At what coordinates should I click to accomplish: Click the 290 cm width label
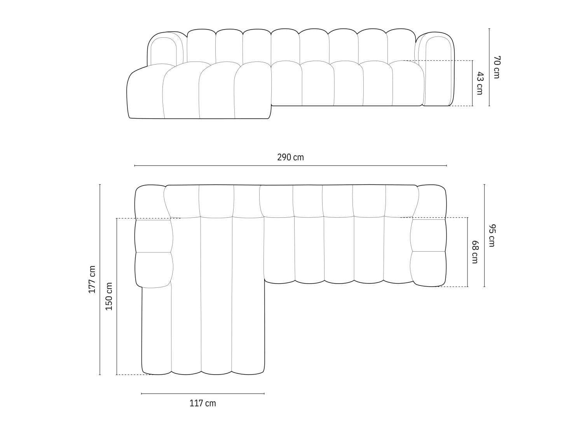point(290,158)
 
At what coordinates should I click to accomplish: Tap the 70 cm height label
point(497,67)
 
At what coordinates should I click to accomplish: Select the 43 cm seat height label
point(479,83)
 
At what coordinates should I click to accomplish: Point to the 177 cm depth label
point(92,279)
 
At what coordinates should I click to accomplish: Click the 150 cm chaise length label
point(109,296)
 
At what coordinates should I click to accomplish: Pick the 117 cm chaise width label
point(203,403)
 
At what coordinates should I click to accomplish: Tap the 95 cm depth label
point(492,235)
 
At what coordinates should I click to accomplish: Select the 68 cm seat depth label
point(475,252)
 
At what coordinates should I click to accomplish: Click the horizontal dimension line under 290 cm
point(291,166)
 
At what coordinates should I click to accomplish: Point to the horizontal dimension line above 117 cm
point(203,394)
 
